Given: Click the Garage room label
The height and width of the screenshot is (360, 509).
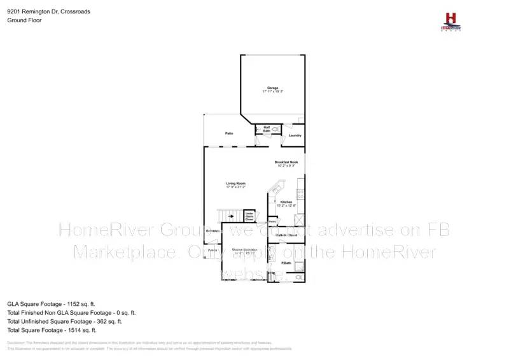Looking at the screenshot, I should click(272, 88).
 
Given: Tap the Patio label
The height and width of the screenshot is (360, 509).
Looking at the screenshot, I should click(229, 134).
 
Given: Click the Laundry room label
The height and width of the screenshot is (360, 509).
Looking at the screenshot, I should click(295, 135).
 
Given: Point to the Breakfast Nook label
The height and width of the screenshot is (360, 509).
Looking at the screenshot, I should click(286, 162).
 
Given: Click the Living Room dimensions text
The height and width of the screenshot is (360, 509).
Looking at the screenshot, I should click(235, 188).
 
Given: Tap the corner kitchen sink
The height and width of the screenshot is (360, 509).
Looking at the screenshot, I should click(277, 188).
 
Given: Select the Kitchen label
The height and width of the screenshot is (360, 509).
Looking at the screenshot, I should click(286, 202).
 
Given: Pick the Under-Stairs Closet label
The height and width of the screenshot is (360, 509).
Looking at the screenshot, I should click(249, 217).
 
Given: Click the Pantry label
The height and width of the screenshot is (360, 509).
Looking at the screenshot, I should click(272, 221).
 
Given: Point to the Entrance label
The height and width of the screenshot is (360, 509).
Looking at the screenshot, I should click(213, 230).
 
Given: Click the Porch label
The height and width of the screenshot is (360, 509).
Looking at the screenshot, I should click(212, 251).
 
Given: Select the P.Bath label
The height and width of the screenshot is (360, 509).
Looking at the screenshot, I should click(286, 263).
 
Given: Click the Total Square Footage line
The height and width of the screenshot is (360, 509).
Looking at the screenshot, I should click(52, 330).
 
